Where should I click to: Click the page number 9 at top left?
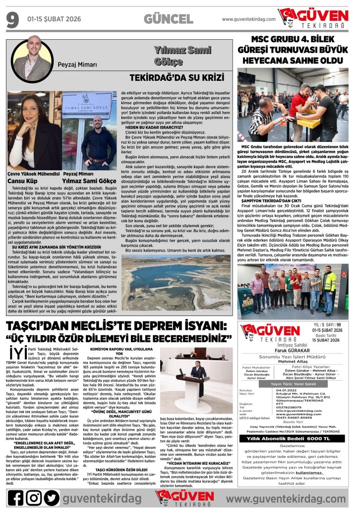tap(12, 20)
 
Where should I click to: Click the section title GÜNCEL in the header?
tap(168, 19)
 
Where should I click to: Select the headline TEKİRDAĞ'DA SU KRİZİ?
tap(174, 78)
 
